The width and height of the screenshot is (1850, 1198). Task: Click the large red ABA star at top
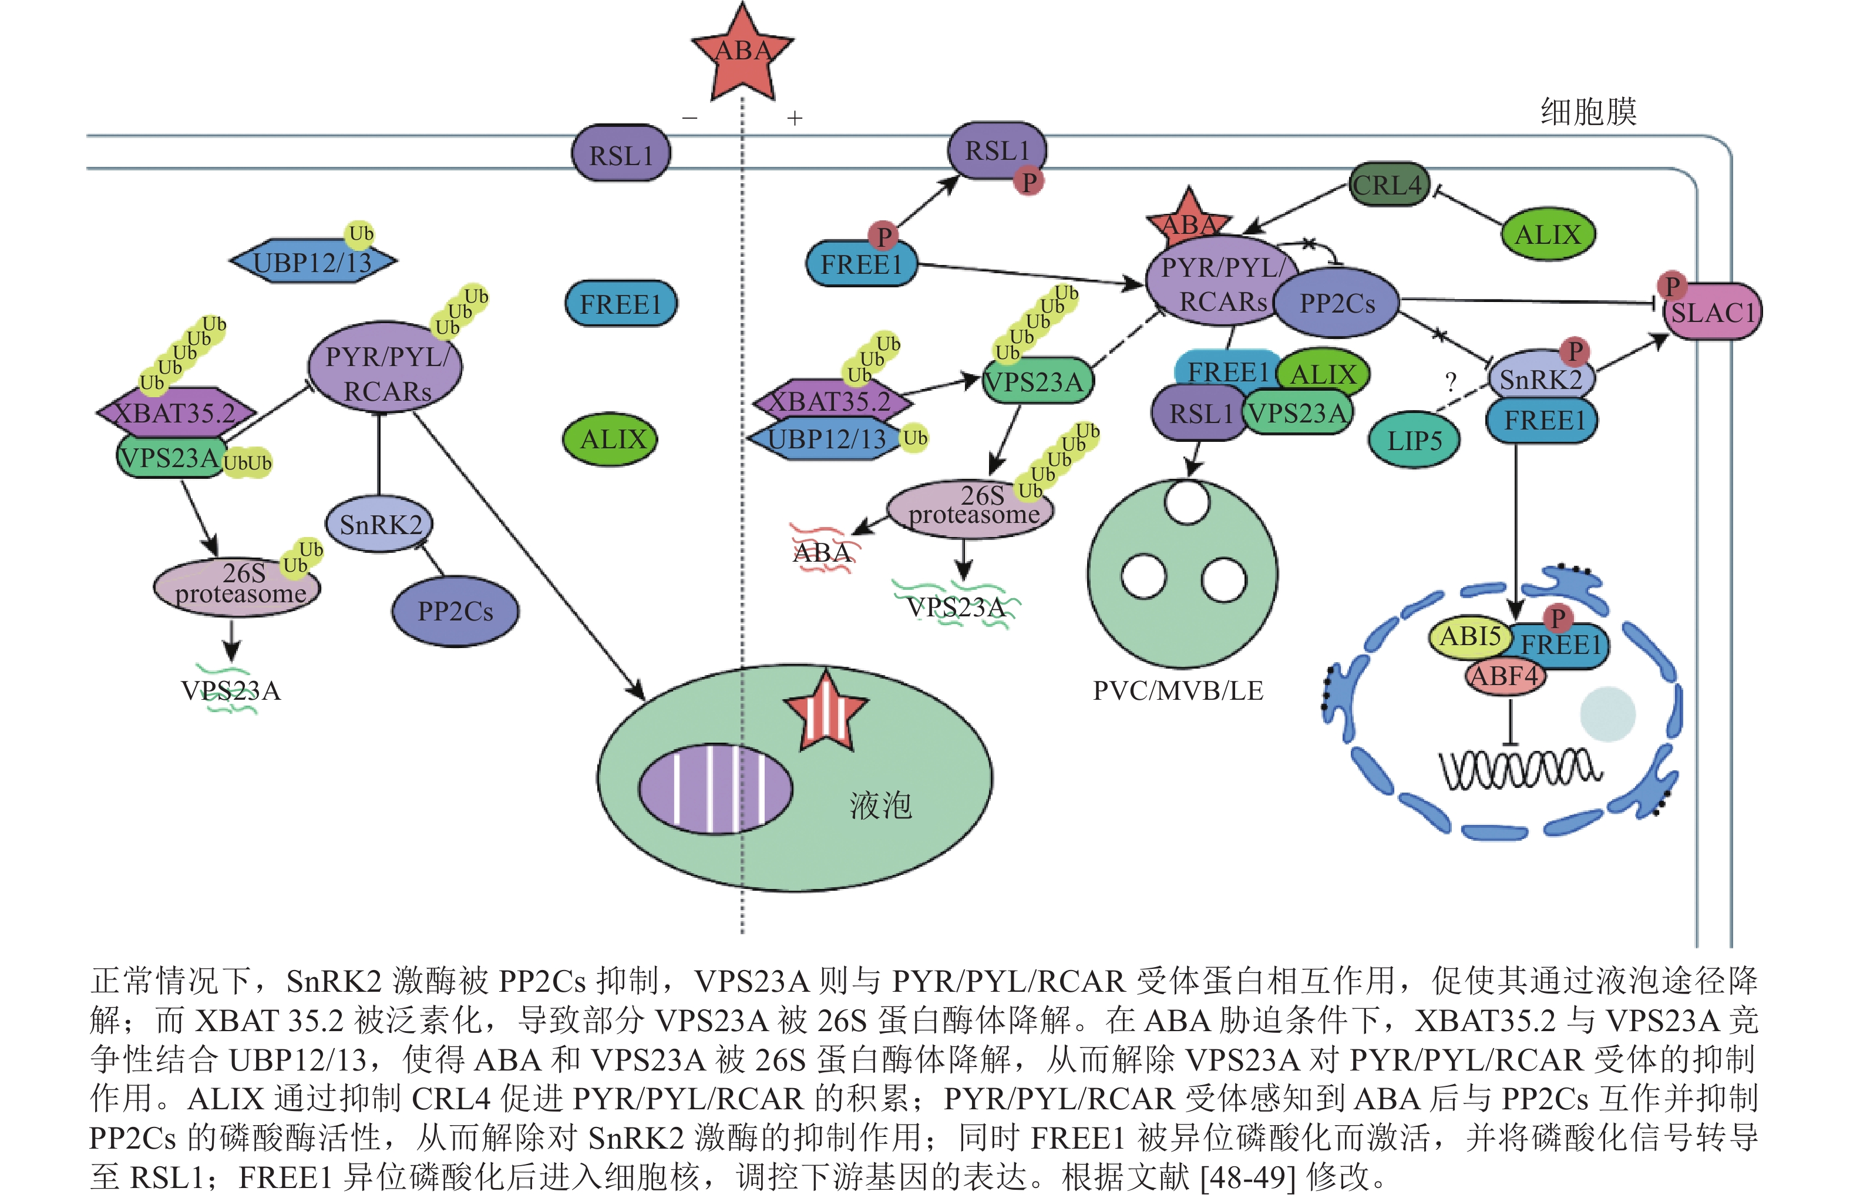coord(742,53)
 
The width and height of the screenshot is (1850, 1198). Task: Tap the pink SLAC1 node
coord(1713,312)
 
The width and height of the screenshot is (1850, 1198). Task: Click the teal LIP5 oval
coord(1414,441)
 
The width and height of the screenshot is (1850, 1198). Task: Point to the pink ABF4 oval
coord(1505,676)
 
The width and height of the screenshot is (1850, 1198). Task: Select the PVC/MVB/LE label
coord(1178,690)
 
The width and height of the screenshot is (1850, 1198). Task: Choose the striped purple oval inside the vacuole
coord(715,788)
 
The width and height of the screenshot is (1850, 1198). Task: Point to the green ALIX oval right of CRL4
coord(1548,234)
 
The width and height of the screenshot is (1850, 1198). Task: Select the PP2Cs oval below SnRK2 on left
coord(456,611)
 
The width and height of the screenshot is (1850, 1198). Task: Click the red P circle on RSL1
coord(1029,182)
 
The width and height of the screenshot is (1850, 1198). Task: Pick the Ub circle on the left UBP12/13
coord(361,233)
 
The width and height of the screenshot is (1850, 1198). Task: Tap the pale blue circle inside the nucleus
coord(1607,714)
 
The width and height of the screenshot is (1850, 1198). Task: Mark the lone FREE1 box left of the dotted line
coord(620,304)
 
